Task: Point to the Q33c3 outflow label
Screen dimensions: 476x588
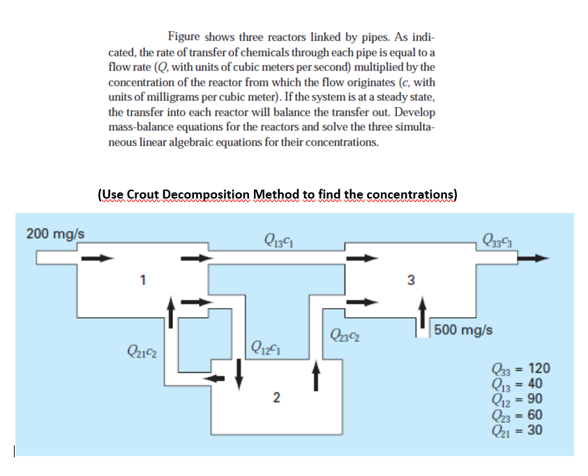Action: click(495, 241)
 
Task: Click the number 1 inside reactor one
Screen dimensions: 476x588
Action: click(142, 281)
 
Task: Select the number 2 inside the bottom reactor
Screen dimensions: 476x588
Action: click(276, 398)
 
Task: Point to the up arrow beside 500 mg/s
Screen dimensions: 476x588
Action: click(422, 313)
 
